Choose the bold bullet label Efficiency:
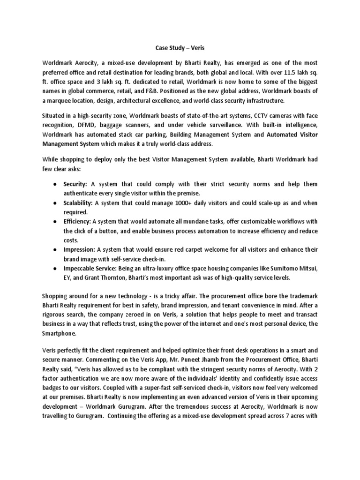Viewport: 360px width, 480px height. [x=77, y=221]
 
